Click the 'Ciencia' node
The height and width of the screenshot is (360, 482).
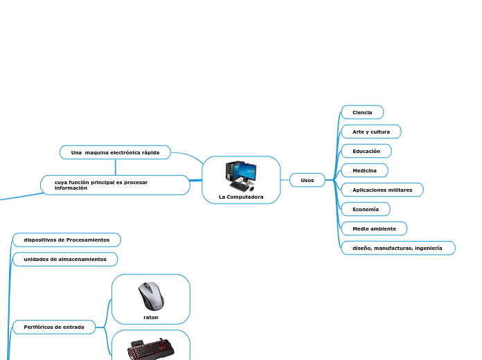pos(362,112)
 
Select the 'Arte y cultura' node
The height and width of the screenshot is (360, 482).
pos(371,132)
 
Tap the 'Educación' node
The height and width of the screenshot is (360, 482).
pos(366,151)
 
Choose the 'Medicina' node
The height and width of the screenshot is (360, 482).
pos(364,170)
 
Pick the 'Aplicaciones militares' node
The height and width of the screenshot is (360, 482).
pos(382,190)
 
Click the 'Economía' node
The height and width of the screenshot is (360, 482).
pos(366,209)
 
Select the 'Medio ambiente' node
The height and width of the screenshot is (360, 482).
pos(374,228)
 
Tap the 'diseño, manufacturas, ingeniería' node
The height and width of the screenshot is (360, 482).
pos(398,248)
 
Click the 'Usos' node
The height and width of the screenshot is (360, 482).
pos(307,180)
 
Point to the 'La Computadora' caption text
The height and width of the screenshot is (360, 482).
pos(241,197)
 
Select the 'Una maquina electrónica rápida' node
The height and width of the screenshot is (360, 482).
pos(115,152)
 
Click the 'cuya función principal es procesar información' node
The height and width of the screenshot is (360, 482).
pos(115,185)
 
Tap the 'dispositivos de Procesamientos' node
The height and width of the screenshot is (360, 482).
pos(66,240)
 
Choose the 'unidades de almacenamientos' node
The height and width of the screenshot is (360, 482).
pos(65,259)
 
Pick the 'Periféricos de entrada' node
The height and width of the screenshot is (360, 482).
pos(54,327)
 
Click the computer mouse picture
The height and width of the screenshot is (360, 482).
pos(151,296)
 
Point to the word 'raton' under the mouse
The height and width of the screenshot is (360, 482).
pos(151,317)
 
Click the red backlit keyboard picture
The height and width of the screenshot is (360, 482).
pos(150,349)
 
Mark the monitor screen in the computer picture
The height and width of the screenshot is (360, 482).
pos(247,170)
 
